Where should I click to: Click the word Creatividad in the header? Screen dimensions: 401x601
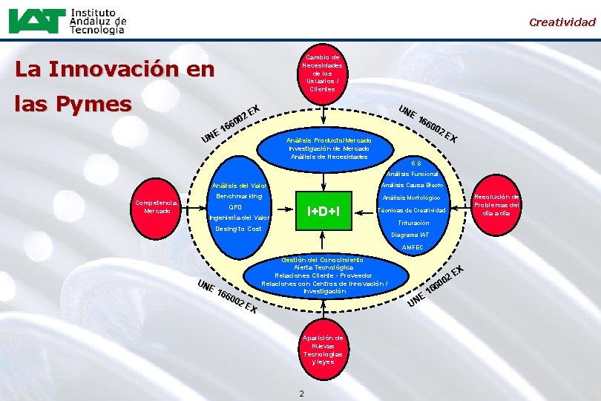(x=562, y=22)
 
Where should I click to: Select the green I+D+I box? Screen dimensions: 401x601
(x=324, y=212)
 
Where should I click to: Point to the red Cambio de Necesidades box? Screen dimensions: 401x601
(x=324, y=73)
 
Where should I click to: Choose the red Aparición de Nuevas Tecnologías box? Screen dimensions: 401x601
(x=323, y=350)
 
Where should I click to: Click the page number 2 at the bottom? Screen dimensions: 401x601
(x=301, y=392)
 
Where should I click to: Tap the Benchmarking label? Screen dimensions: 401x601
(x=239, y=196)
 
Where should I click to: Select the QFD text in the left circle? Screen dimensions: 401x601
(x=235, y=207)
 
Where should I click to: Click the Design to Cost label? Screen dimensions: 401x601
(x=238, y=229)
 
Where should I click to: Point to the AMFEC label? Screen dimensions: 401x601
(x=412, y=247)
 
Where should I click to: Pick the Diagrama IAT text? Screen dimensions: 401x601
(x=410, y=235)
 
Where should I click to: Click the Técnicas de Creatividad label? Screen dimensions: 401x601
(x=411, y=210)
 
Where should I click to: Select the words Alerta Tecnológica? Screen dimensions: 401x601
(x=324, y=268)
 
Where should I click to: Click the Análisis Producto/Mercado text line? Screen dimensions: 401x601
(x=328, y=140)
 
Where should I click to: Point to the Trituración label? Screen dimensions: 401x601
(x=413, y=223)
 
